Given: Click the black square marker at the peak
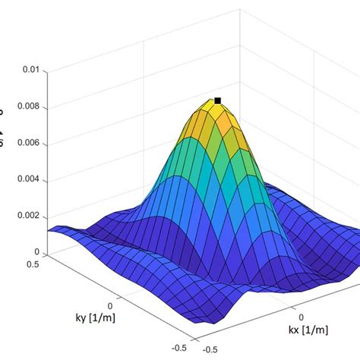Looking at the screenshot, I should tap(218, 100).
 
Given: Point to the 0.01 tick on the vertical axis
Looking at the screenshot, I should tap(30, 70).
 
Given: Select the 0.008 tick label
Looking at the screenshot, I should tap(26, 107).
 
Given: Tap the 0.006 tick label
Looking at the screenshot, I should tap(26, 144).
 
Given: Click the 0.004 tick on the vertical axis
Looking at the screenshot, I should tap(26, 180).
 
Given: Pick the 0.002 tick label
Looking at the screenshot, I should tap(26, 216).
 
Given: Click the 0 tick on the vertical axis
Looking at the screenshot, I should tap(36, 252).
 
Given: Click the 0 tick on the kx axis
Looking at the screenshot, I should tap(302, 316).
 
